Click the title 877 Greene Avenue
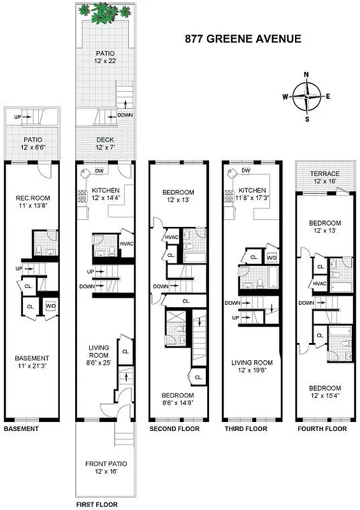click(242, 40)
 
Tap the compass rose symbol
click(306, 97)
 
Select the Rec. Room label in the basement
click(32, 202)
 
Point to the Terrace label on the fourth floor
click(324, 178)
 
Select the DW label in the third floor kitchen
click(246, 170)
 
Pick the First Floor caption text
click(97, 504)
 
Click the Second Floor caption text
click(175, 429)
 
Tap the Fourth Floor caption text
click(322, 429)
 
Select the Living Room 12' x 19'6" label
click(252, 367)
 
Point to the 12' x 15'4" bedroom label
click(325, 392)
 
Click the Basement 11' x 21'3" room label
click(32, 362)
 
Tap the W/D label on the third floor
click(271, 258)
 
